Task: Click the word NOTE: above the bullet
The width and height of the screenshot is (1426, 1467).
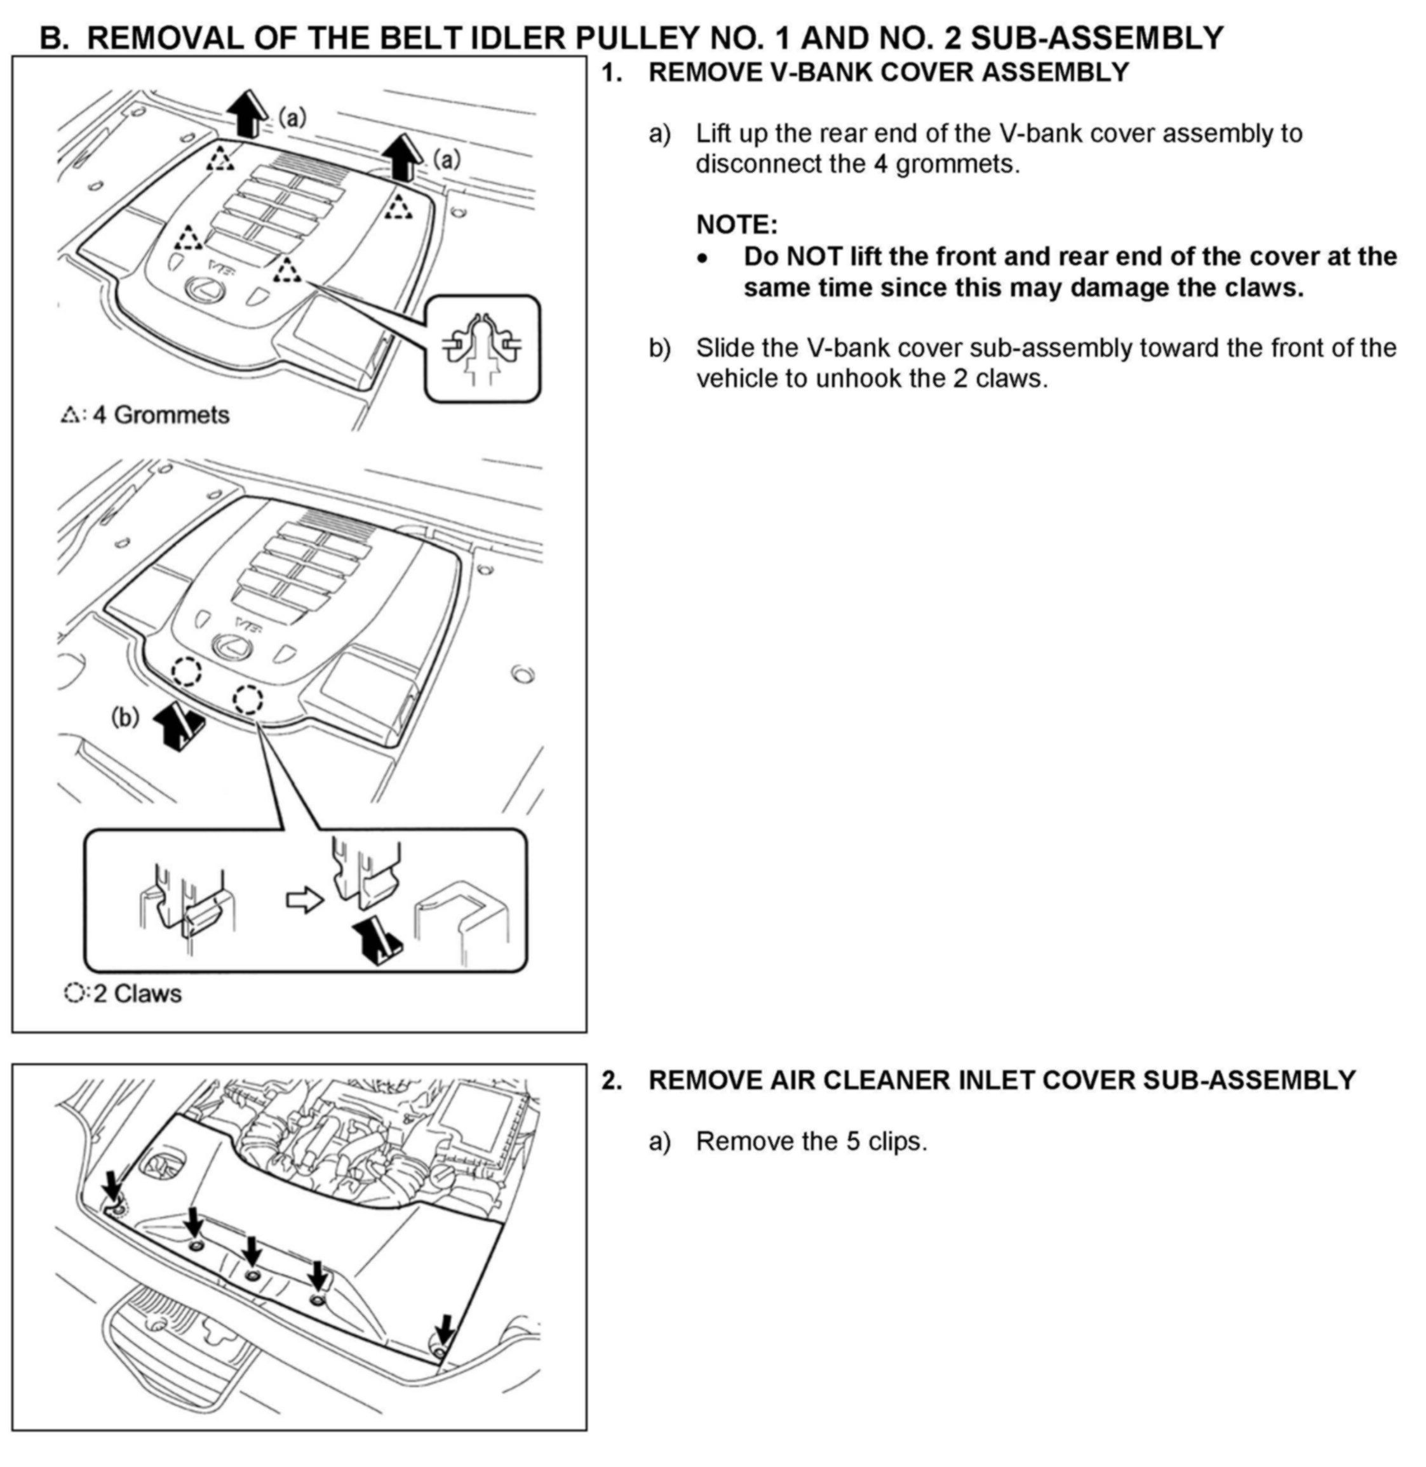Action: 736,225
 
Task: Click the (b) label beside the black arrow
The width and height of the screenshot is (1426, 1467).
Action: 125,717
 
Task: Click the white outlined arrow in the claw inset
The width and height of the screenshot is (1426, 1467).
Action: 305,899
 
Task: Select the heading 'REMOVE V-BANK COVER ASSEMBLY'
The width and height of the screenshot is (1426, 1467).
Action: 888,72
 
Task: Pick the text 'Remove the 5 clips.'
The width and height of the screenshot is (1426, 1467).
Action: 811,1141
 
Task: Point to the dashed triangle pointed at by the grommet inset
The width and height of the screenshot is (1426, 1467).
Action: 286,270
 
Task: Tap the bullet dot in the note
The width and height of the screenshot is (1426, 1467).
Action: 702,258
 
